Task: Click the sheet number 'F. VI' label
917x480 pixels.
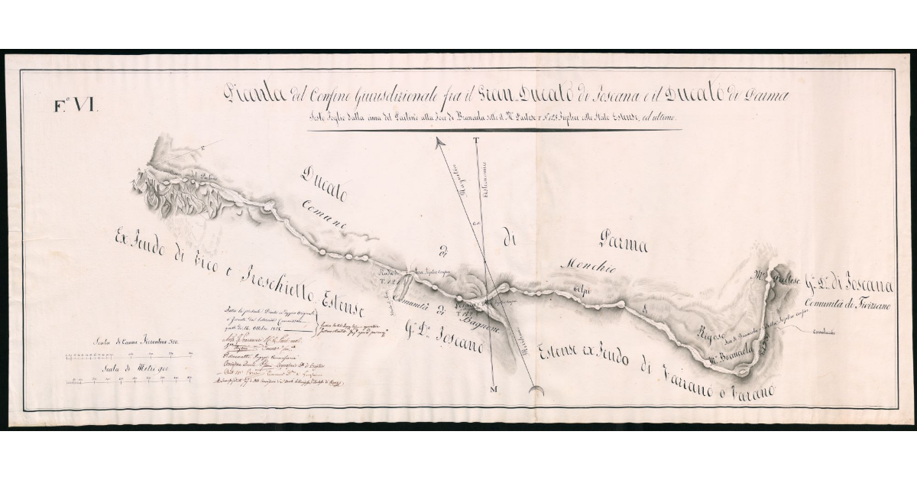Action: coord(76,106)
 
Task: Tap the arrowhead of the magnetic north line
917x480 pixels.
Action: coord(439,142)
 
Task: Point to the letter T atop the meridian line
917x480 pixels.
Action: coord(475,141)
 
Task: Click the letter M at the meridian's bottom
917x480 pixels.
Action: coord(493,390)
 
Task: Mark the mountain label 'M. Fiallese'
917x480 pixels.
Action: coord(778,277)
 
